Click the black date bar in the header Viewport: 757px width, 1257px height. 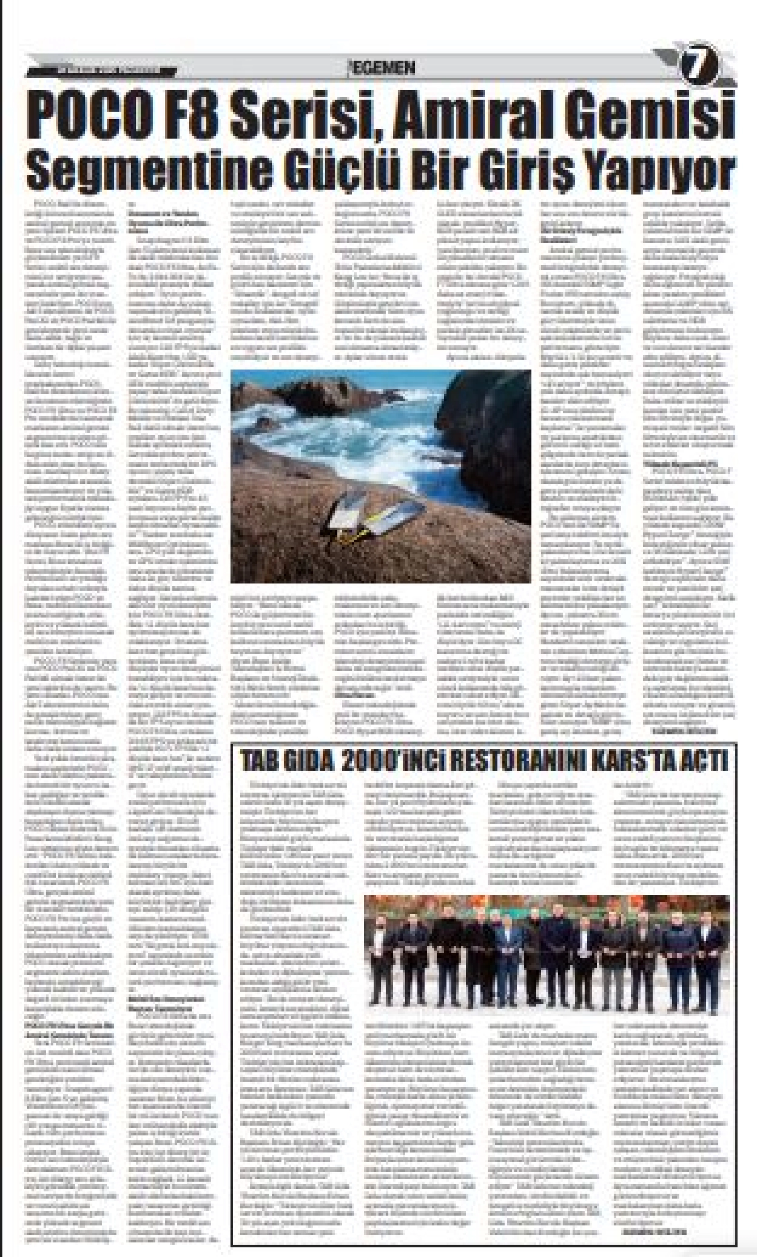(102, 71)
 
